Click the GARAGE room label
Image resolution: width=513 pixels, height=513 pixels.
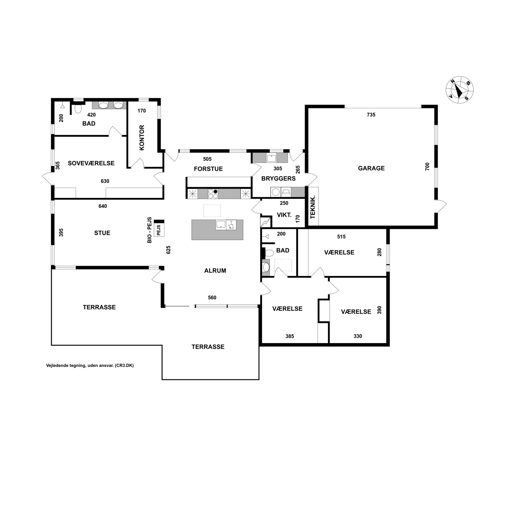click(x=371, y=168)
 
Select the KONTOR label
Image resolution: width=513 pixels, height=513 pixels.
click(x=142, y=138)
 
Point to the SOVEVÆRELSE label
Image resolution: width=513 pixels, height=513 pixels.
click(x=91, y=163)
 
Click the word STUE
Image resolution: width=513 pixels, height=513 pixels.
click(x=102, y=233)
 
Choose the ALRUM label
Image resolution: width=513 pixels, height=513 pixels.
click(x=215, y=270)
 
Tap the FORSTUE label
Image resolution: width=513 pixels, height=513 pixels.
click(x=208, y=169)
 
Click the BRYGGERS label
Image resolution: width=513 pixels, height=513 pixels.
click(x=278, y=179)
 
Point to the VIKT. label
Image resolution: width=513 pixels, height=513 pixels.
click(x=284, y=215)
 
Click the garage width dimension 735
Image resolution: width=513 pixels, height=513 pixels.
click(x=371, y=115)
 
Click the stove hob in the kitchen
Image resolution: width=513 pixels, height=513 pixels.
click(x=213, y=194)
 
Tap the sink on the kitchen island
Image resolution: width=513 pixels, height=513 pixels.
click(x=221, y=225)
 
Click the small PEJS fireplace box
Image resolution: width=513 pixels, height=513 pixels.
click(x=159, y=230)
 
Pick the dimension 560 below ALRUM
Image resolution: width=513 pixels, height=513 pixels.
click(x=212, y=298)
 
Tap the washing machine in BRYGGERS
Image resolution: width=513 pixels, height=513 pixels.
click(x=275, y=192)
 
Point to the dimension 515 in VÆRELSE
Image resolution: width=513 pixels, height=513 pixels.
click(x=341, y=237)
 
